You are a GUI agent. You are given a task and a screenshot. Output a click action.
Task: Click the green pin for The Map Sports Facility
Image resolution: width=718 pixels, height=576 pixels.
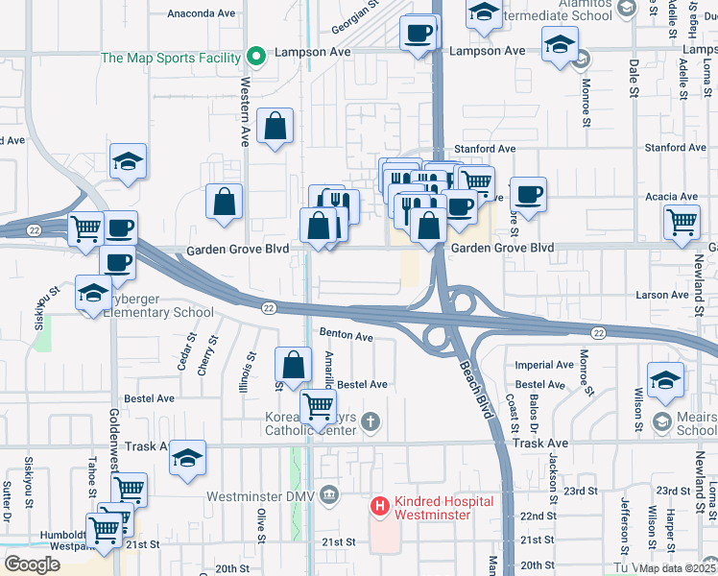click(x=255, y=58)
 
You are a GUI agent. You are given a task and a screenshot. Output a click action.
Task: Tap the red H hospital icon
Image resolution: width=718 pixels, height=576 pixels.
click(x=381, y=506)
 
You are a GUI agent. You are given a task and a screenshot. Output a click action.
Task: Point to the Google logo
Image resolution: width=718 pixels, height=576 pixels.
click(x=32, y=564)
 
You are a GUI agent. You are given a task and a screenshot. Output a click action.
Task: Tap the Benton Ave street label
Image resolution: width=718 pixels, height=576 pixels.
click(x=346, y=337)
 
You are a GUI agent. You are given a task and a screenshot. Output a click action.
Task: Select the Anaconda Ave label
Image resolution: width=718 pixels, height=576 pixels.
click(x=201, y=14)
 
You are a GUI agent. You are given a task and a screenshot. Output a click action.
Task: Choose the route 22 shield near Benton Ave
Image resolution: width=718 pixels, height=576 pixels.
click(x=270, y=307)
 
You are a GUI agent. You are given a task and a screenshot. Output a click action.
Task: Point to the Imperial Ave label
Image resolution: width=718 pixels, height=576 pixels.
click(x=544, y=365)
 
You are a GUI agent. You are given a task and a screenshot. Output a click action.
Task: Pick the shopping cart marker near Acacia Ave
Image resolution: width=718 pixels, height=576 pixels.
click(x=682, y=222)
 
